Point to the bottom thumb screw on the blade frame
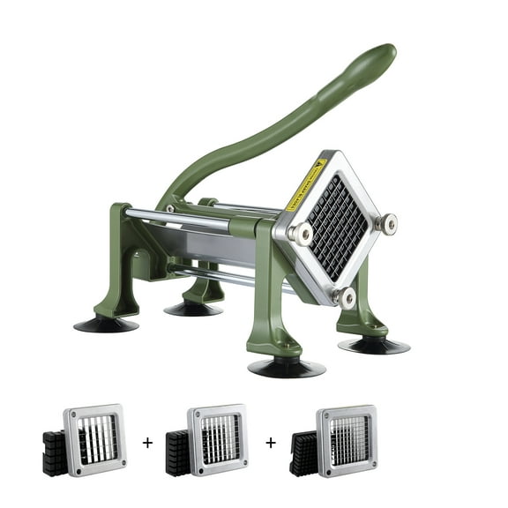pos(347,296)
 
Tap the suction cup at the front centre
pos(281,366)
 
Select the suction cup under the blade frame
pos(373,345)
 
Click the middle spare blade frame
pos(217,437)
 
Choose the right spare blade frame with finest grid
pos(346,438)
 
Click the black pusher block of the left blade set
pos(55,452)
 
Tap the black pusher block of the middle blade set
pos(178,452)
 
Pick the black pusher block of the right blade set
pos(303,452)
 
